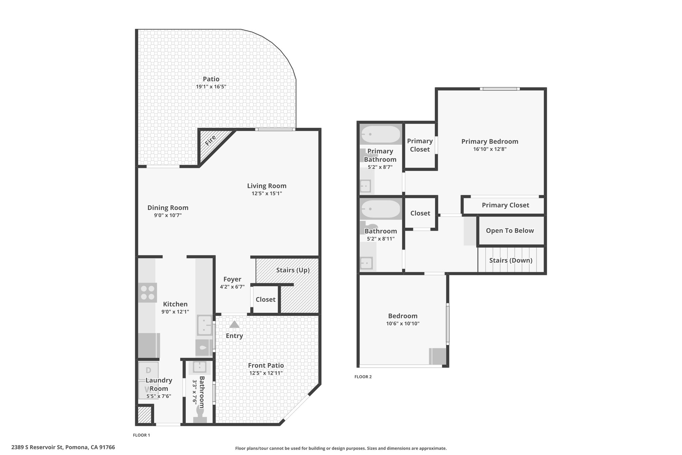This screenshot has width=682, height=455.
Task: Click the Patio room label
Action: click(x=211, y=79)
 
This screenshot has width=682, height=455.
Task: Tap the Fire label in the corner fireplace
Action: click(x=210, y=140)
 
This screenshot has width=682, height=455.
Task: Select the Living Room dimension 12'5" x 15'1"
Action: click(x=267, y=193)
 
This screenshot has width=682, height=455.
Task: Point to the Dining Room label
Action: click(x=168, y=208)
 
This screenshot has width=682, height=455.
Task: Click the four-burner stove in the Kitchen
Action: click(x=148, y=292)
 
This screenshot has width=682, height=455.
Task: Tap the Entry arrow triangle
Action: click(x=234, y=324)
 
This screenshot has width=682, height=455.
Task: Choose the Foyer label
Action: click(x=232, y=279)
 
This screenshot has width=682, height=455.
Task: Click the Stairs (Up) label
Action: click(x=293, y=270)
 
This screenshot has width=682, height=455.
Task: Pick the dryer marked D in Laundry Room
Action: click(x=148, y=370)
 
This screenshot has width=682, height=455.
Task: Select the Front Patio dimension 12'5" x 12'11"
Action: click(x=266, y=373)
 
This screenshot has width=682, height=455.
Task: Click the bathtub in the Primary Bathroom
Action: click(x=380, y=134)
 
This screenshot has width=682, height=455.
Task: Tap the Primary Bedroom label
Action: click(x=490, y=141)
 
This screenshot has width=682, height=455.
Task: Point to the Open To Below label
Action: click(x=510, y=231)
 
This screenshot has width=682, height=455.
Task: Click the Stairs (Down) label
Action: click(x=511, y=260)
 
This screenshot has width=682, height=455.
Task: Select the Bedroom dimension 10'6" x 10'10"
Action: click(x=403, y=323)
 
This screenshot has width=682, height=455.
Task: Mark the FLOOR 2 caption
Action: click(x=363, y=377)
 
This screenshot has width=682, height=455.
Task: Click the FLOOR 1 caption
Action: click(x=142, y=435)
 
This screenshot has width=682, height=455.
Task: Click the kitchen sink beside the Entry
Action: click(x=204, y=325)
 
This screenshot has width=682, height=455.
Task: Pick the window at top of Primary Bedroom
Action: click(x=500, y=89)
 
